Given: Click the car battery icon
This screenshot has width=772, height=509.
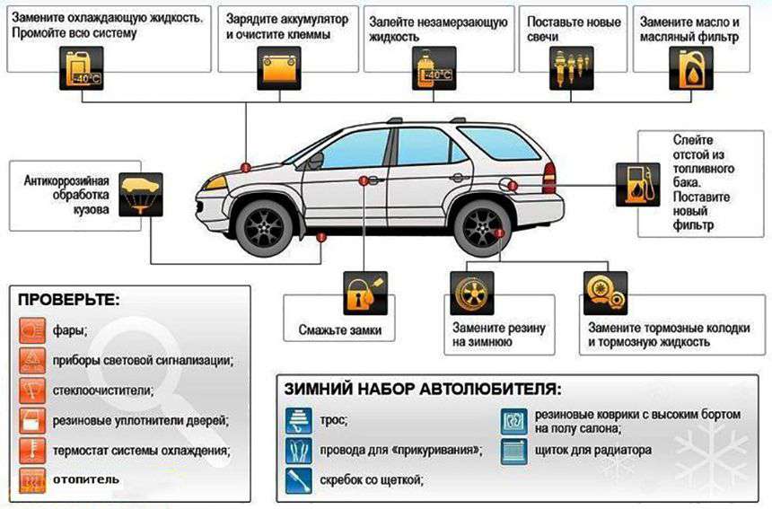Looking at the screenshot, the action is click(x=279, y=68).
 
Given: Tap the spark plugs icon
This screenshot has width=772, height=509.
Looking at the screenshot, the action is click(x=571, y=68).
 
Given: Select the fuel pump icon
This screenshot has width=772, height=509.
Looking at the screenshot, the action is click(x=637, y=185).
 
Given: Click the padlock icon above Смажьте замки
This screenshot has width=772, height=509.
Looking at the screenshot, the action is click(x=365, y=294).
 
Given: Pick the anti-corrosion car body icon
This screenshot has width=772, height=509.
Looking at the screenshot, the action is click(x=141, y=195).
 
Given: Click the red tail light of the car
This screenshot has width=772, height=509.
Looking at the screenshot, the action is click(x=549, y=178).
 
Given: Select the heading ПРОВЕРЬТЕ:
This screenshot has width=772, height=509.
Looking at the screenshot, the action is click(x=68, y=299).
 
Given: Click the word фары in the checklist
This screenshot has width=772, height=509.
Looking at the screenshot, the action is click(x=69, y=330).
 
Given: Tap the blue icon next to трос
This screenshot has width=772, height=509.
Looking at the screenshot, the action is click(x=299, y=420).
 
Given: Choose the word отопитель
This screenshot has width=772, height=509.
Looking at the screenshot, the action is click(x=85, y=479).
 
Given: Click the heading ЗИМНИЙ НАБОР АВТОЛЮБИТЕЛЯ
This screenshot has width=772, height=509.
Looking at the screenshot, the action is click(x=423, y=389).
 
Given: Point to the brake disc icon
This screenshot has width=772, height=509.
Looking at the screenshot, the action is click(x=605, y=293).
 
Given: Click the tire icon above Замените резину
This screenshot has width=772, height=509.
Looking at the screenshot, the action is click(x=472, y=294).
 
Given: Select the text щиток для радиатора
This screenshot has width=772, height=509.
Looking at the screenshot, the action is click(x=592, y=450).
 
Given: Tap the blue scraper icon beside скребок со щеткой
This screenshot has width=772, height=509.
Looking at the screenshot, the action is click(x=299, y=480).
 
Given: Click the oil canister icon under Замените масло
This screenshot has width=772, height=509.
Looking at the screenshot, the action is click(x=691, y=68).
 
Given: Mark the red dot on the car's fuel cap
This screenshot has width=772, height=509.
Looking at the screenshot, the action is click(x=513, y=186).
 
